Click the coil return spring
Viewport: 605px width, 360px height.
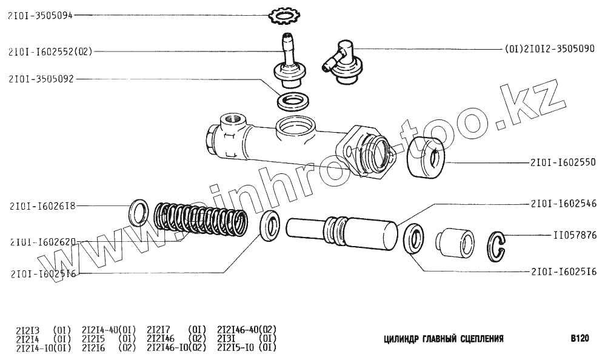199,219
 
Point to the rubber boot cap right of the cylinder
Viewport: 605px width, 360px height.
428,159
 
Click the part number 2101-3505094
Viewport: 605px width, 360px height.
40,16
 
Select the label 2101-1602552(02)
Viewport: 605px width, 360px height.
50,52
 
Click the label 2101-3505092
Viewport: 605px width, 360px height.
41,78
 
